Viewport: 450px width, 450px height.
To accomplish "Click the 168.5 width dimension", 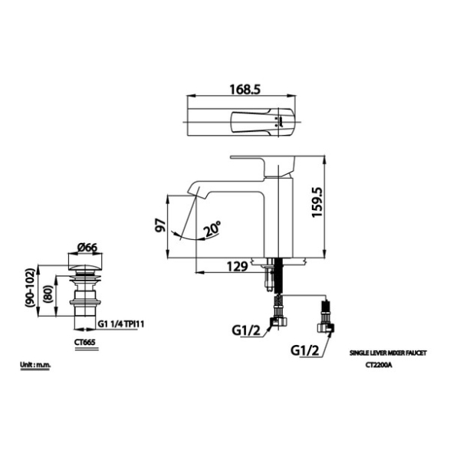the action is click(x=245, y=90).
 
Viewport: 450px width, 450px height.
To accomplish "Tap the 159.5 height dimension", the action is click(x=317, y=202).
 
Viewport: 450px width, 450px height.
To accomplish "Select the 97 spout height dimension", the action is click(x=160, y=225).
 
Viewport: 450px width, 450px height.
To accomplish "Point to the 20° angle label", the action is click(x=212, y=229).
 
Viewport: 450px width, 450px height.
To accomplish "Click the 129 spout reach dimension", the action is click(x=238, y=267).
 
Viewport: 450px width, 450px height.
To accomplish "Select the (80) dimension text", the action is click(x=48, y=294).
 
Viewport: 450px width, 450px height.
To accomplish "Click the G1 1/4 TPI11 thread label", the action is click(x=121, y=324).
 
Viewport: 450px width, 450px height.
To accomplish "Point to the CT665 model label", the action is click(x=84, y=343).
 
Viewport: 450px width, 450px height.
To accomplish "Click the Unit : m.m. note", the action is click(x=35, y=365).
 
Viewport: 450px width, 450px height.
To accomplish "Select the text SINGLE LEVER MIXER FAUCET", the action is click(x=388, y=353).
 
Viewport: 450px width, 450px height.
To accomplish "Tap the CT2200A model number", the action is click(x=379, y=366).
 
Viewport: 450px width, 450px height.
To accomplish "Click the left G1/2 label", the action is click(x=246, y=330).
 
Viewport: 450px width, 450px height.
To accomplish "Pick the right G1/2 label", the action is click(x=305, y=350).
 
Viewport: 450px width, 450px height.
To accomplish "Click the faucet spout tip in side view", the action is click(x=192, y=193).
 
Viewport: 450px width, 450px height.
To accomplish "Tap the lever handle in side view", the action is click(x=263, y=166).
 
